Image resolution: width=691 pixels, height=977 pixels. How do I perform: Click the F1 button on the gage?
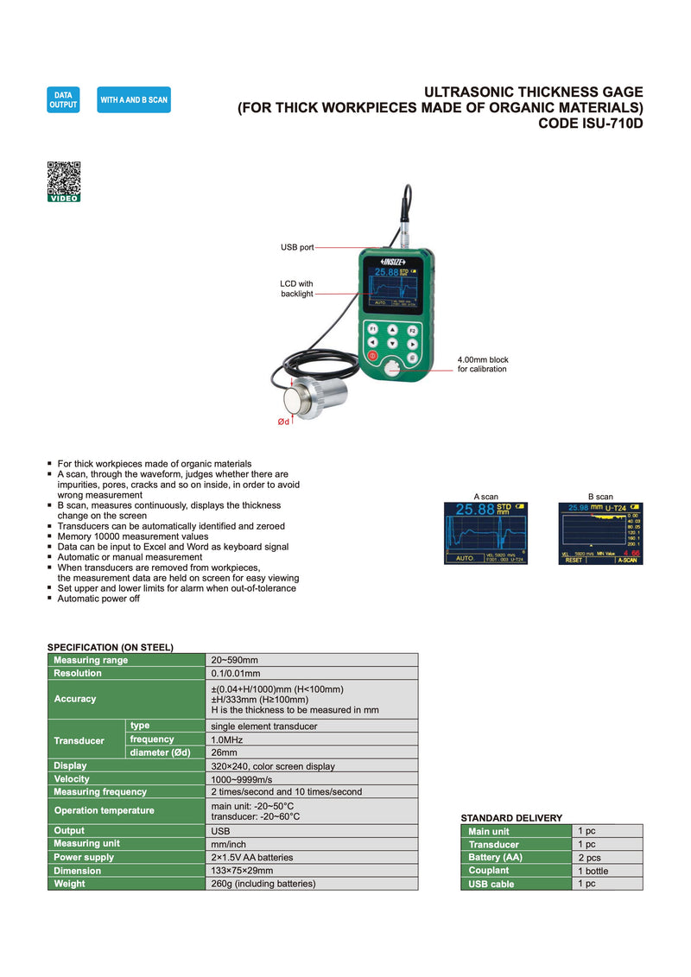click(372, 329)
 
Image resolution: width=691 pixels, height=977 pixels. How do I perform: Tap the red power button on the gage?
click(372, 356)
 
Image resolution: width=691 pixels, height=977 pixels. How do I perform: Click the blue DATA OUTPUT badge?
click(63, 99)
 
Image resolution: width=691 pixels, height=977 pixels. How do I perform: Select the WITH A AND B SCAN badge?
click(134, 100)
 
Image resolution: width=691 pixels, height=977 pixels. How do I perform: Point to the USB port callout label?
click(297, 247)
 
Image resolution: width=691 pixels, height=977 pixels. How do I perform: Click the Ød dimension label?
click(282, 422)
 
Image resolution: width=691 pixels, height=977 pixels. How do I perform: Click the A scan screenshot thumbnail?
click(487, 534)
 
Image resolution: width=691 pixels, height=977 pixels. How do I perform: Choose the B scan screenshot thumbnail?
click(600, 534)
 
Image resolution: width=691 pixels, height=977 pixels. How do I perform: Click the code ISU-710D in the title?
click(591, 124)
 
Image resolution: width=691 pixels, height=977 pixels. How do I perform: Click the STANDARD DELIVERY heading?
click(511, 817)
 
